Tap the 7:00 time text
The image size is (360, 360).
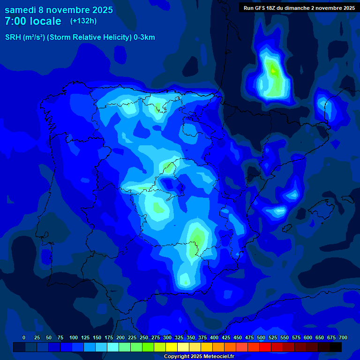(14, 21)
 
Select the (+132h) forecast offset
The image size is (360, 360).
(83, 21)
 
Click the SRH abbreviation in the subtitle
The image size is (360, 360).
(13, 37)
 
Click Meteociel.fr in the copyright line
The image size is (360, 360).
(215, 357)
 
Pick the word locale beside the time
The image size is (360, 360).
(45, 21)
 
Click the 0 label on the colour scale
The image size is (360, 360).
(24, 337)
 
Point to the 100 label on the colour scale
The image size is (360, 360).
(74, 337)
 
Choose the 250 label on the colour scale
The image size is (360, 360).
(144, 337)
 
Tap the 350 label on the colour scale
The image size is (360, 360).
(191, 337)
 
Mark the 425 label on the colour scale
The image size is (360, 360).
(226, 337)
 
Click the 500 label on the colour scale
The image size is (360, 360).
(261, 337)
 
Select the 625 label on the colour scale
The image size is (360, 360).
(320, 337)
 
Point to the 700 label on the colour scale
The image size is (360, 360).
(343, 337)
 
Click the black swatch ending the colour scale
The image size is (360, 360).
(336, 347)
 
